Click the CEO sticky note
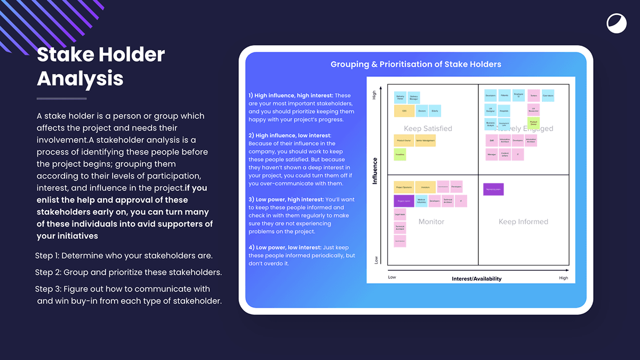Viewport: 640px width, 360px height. click(x=404, y=111)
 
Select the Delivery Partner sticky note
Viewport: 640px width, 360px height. click(x=400, y=98)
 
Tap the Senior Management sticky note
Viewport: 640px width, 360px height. click(x=425, y=141)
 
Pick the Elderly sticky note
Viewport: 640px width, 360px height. click(x=435, y=111)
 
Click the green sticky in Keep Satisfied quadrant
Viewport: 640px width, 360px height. click(x=400, y=154)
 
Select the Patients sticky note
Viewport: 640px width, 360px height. click(x=504, y=96)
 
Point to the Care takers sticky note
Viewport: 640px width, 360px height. click(x=548, y=96)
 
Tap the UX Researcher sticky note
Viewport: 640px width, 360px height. click(x=533, y=110)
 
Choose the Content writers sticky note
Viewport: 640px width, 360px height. click(x=505, y=155)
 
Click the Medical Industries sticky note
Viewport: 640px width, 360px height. click(x=421, y=201)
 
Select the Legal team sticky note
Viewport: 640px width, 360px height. click(x=400, y=215)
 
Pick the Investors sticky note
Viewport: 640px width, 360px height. click(x=425, y=187)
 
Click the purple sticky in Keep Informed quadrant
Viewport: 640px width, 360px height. click(x=493, y=189)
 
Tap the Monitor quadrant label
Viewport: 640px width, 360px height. click(x=431, y=221)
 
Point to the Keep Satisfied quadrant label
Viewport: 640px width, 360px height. click(x=428, y=129)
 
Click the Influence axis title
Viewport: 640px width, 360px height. click(x=375, y=171)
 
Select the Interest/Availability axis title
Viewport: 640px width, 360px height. click(x=476, y=278)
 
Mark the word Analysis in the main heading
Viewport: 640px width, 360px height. click(x=80, y=78)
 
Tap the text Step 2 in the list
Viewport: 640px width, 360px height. click(x=47, y=273)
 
